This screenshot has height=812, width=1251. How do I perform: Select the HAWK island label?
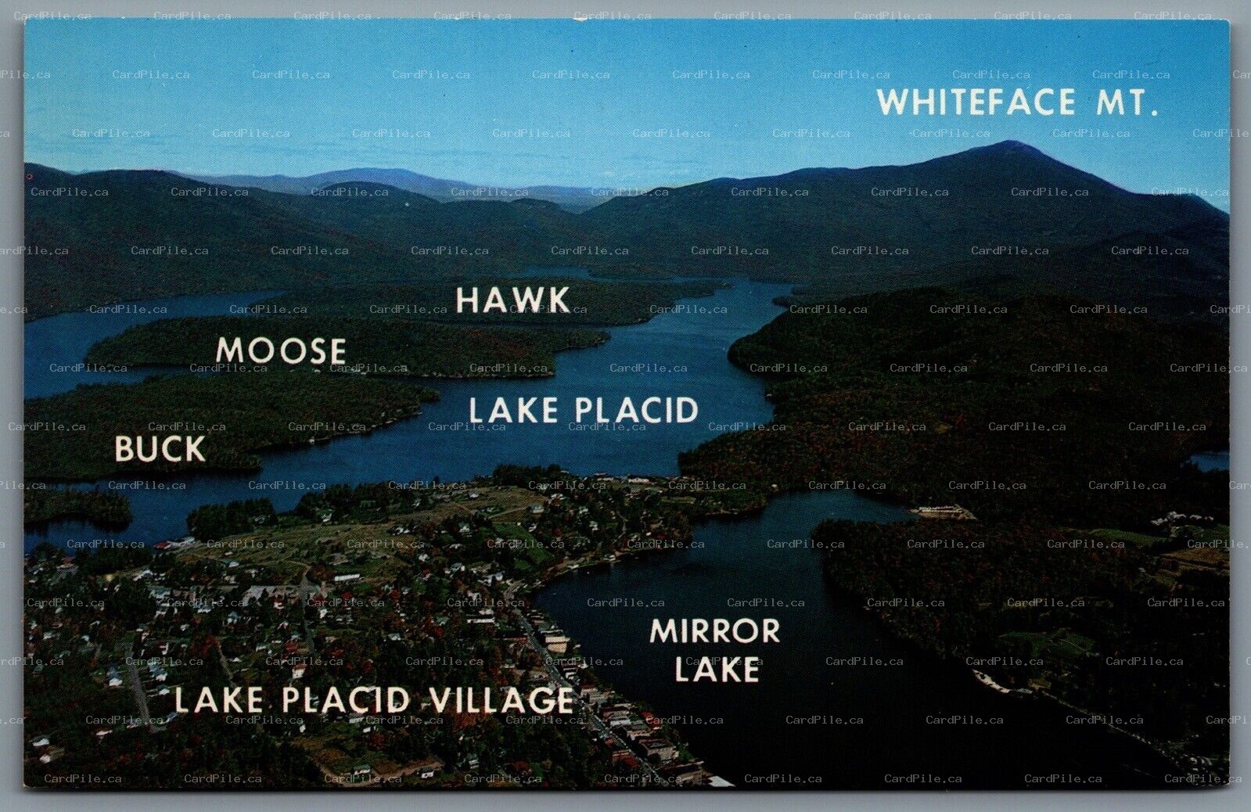[513, 300]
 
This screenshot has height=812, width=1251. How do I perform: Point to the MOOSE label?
[281, 351]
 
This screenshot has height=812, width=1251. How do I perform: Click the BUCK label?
[160, 449]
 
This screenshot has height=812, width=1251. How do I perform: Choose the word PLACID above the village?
[634, 410]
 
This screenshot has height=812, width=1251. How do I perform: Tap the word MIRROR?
[714, 631]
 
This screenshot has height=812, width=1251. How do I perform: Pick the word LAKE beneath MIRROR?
[717, 670]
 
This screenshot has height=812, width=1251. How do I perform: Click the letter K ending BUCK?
[194, 449]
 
